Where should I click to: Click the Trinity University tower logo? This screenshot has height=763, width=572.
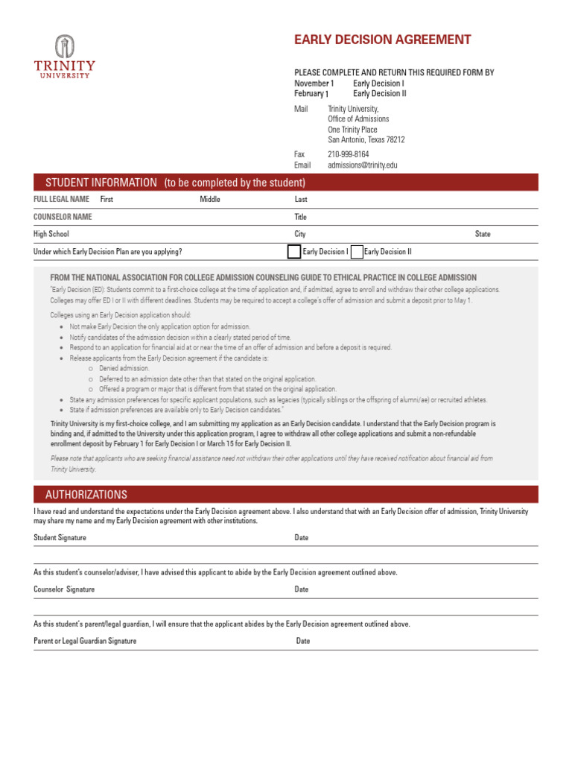tap(65, 46)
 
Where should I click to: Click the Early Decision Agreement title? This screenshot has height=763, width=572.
tap(382, 40)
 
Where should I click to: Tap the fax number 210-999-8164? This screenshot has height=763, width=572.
tap(348, 154)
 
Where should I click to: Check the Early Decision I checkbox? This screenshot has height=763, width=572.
tap(294, 252)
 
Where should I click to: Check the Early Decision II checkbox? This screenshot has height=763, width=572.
tap(357, 252)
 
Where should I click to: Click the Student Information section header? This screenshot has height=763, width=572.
tap(175, 183)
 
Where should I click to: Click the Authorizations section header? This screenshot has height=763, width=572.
tap(86, 495)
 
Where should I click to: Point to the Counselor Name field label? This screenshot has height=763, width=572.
tap(63, 217)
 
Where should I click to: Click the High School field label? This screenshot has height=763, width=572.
tap(51, 234)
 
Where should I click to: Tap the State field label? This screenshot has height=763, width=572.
tap(483, 234)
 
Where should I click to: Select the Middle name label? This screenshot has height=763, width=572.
tap(210, 200)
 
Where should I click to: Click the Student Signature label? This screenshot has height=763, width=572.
tap(60, 537)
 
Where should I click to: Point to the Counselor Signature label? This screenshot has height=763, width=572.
tap(64, 589)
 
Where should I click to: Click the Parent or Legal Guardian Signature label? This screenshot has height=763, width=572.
tap(85, 641)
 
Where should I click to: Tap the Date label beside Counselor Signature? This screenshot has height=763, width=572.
tap(302, 589)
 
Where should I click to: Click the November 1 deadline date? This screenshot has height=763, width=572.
tap(314, 83)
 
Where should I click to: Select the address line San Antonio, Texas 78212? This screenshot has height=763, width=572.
tap(366, 139)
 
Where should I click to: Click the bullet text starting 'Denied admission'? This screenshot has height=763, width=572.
tap(124, 368)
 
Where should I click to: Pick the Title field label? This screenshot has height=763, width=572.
tap(301, 217)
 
